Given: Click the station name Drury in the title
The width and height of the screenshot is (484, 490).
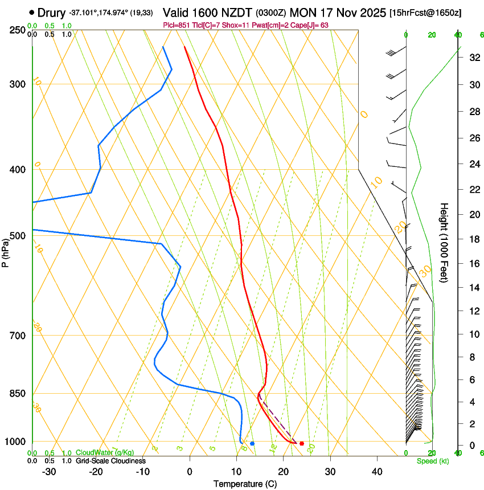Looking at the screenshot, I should click(52, 12).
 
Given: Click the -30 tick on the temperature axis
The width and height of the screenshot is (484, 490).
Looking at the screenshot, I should click(49, 472).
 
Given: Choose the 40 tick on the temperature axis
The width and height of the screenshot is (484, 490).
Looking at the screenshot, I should click(376, 472).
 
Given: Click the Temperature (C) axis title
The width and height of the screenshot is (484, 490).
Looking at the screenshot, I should click(245, 484).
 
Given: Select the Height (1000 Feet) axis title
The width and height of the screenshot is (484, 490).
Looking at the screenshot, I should click(444, 243).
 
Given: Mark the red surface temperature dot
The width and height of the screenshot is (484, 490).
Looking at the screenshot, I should click(302, 443).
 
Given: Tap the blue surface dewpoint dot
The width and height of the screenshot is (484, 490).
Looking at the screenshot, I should click(252, 443).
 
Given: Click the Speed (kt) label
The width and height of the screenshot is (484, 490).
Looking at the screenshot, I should click(432, 461).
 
